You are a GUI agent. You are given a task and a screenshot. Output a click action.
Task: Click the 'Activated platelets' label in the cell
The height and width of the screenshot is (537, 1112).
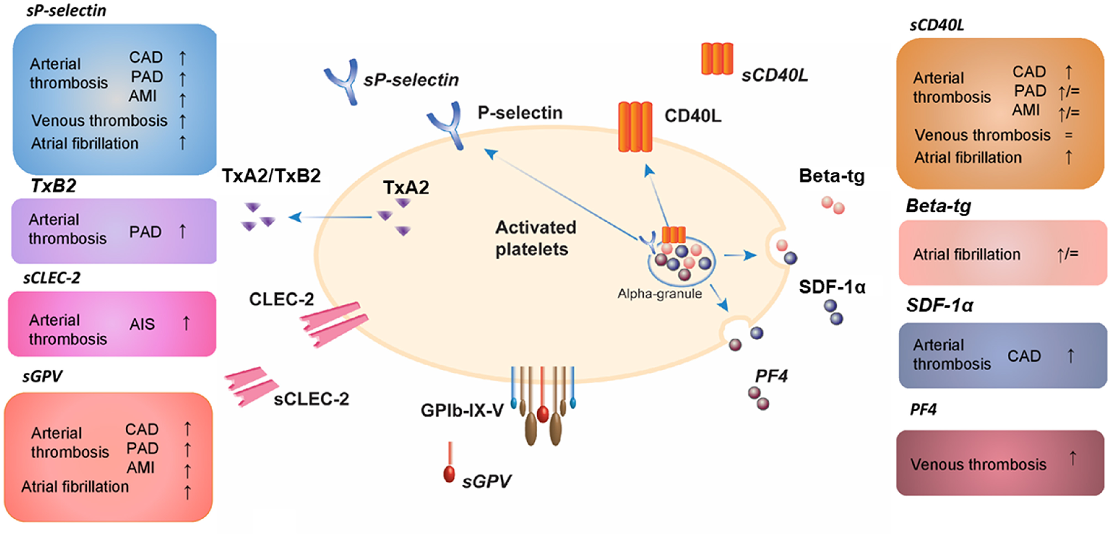coord(534,238)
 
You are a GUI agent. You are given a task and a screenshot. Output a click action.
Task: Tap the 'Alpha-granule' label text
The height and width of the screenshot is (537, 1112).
coord(659,294)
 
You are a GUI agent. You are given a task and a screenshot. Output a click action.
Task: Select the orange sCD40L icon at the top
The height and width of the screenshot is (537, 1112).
coord(717,59)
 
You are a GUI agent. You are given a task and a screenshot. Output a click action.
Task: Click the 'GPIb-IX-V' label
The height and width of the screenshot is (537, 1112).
coord(462,410)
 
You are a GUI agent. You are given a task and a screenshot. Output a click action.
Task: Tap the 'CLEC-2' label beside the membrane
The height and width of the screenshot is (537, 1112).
coord(281,299)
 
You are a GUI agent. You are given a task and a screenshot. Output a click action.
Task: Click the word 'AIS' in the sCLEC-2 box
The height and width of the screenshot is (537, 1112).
coord(142,324)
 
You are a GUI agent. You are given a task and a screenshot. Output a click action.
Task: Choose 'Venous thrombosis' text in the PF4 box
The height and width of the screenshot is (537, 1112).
coord(978,464)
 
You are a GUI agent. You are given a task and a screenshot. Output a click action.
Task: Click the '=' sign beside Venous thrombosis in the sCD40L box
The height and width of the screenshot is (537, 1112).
coord(1068,135)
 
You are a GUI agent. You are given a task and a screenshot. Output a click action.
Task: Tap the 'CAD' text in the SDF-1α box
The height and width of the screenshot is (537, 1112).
coord(1023,356)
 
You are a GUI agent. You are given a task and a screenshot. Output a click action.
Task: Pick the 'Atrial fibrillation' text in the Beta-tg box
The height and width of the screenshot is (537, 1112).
coord(966,254)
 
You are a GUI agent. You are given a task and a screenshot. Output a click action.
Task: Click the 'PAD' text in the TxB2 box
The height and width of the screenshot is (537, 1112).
coord(145,232)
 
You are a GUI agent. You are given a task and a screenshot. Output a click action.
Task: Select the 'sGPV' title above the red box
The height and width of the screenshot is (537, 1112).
coord(42,376)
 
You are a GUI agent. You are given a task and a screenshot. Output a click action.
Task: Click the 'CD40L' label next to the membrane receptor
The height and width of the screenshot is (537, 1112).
coord(692,116)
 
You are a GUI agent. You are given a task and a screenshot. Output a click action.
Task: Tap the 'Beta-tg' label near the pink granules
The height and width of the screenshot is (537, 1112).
coord(831,176)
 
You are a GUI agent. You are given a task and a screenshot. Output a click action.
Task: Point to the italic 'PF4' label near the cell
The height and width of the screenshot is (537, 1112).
coord(771,376)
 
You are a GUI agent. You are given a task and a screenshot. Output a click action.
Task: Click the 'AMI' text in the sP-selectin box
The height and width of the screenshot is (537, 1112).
coord(142,96)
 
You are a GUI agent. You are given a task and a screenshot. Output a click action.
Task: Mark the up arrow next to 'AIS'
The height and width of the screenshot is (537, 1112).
coord(186,323)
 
